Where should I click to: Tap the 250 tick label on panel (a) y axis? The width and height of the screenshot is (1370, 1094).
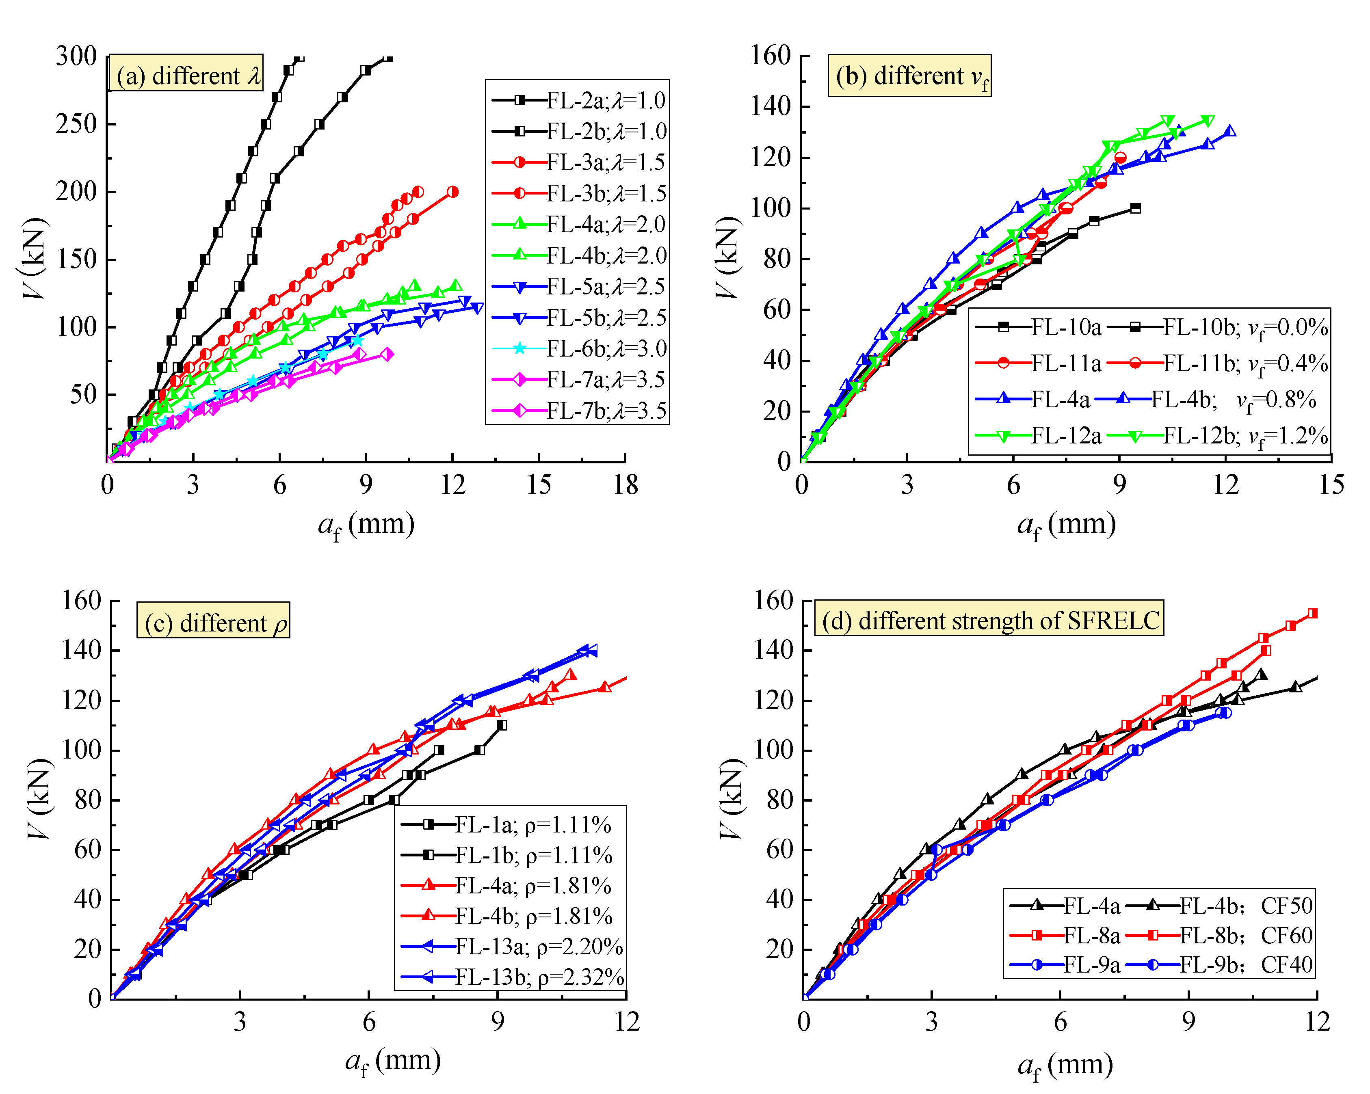click(76, 124)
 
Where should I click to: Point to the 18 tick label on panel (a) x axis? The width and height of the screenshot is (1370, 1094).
click(625, 485)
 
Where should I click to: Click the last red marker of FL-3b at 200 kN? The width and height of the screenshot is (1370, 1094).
click(452, 192)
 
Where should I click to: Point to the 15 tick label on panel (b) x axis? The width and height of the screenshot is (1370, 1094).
click(1331, 485)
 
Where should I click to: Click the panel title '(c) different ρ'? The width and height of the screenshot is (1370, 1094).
click(214, 623)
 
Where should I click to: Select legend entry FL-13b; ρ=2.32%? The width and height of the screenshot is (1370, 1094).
click(539, 977)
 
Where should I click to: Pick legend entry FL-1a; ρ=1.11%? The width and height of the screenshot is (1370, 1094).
click(532, 825)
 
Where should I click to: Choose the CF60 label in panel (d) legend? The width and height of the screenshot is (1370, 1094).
click(1286, 935)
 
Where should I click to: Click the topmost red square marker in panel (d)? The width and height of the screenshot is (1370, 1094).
click(1313, 614)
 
